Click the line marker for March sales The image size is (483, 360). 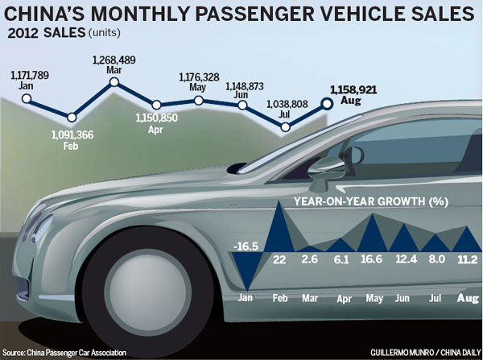114,81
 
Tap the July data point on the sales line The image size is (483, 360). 286,127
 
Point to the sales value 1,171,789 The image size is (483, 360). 31,74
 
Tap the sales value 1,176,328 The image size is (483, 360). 201,77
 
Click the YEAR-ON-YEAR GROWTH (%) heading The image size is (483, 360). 371,201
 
